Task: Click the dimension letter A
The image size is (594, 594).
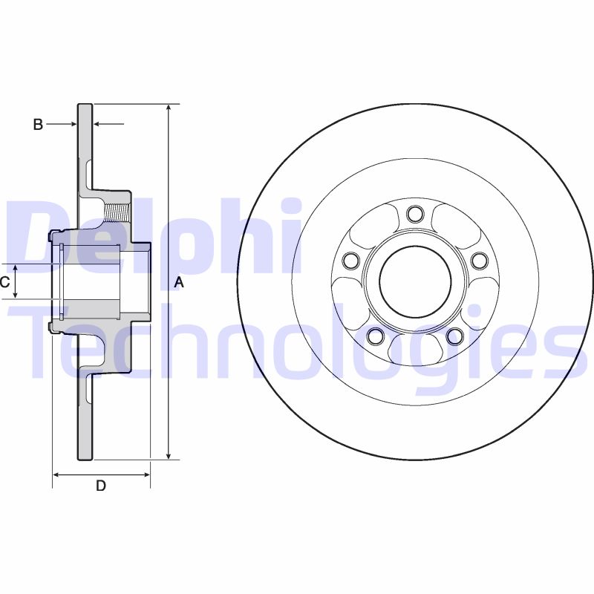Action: pos(178,282)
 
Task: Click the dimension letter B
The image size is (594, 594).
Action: pos(38,125)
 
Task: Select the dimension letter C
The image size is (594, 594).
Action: pos(4,282)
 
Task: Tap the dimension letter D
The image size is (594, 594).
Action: pos(101,486)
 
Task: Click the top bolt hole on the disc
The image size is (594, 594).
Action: pos(415,215)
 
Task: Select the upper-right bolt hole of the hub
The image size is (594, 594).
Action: pos(479,260)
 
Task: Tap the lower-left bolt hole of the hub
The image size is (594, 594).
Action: pos(375,336)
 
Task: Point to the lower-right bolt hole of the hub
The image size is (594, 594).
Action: pos(454,336)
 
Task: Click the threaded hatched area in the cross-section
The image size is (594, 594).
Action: pos(118,209)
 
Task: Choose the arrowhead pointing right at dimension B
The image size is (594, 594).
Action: pos(72,125)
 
